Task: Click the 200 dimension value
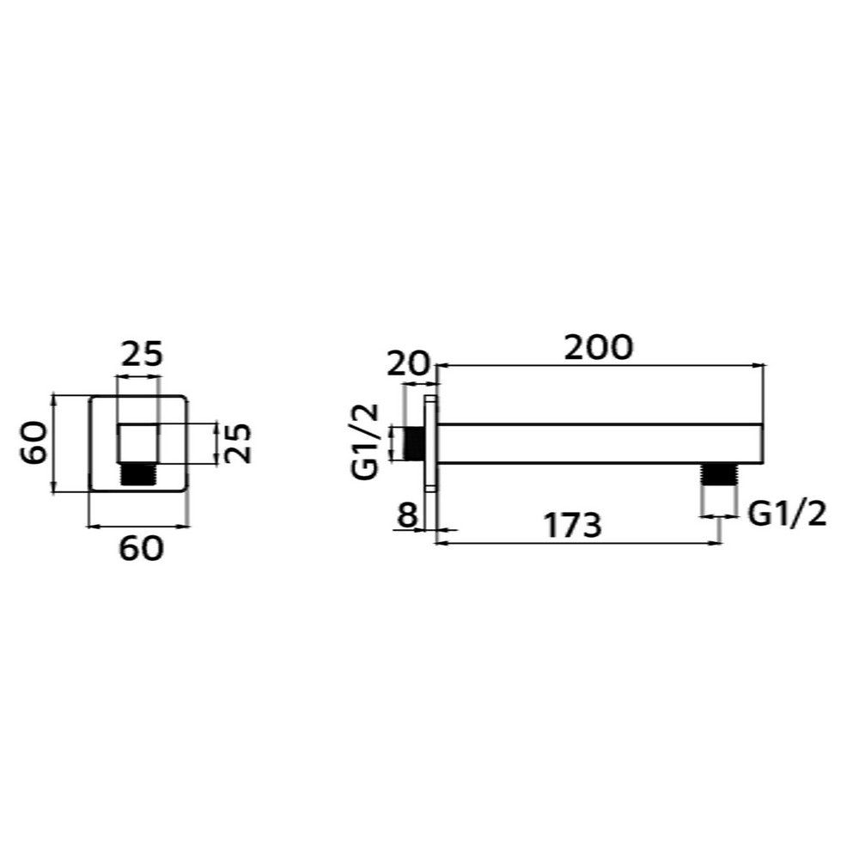pos(598,347)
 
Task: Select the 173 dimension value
pos(572,525)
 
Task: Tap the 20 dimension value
pos(407,363)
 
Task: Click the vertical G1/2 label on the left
pos(366,442)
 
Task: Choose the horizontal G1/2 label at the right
pos(787,514)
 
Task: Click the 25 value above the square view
pos(142,354)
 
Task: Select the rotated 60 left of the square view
pos(34,442)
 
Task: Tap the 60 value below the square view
pos(142,548)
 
